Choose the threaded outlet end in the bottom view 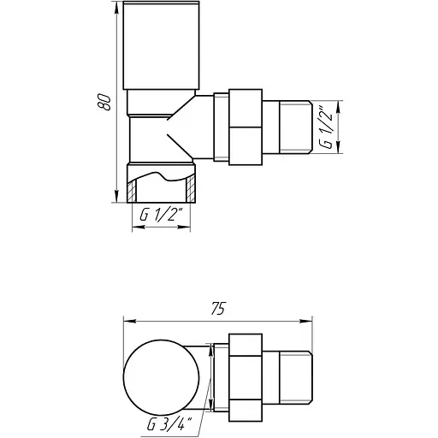(x=296, y=376)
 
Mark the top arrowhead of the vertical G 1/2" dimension (x=340, y=105)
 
